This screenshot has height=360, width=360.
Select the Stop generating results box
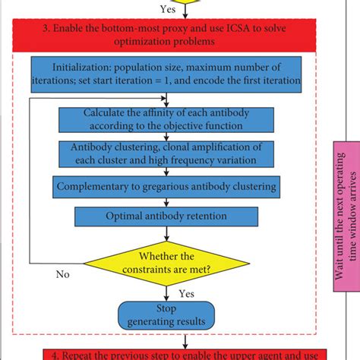(x=162, y=314)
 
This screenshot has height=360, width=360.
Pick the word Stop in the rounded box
(x=162, y=308)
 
